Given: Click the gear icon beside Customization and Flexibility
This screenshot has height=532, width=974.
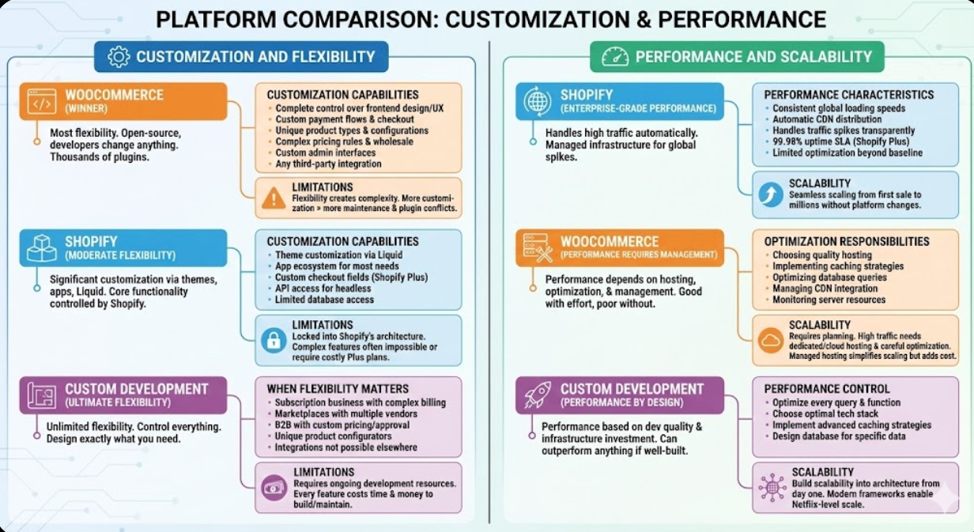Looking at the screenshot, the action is click(118, 57).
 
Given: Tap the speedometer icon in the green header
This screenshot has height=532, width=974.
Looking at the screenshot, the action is click(614, 57).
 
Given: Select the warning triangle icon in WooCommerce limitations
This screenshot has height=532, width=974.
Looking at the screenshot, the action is click(274, 198).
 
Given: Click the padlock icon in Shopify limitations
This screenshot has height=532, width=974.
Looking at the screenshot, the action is click(274, 341).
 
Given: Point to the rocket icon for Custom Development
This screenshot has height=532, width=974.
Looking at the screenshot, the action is click(538, 395).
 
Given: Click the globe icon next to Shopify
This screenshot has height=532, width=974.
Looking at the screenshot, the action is click(538, 102).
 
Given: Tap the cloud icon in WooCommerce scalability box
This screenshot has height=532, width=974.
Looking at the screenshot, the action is click(769, 341).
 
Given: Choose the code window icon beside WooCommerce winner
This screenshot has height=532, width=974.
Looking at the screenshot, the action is click(42, 102).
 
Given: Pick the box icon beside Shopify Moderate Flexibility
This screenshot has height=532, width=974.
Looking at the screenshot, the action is click(42, 248).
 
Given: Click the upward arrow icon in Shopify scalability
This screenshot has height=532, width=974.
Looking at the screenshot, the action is click(769, 194).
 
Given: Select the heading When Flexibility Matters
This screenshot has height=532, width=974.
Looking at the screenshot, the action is click(338, 389).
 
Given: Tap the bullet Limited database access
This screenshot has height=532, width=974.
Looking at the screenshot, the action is click(324, 300).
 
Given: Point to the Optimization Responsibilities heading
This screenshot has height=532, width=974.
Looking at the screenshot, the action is click(847, 242).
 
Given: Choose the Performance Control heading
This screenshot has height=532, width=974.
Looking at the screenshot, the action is click(826, 389).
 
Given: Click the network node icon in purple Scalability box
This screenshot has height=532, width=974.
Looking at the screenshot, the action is click(772, 488).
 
